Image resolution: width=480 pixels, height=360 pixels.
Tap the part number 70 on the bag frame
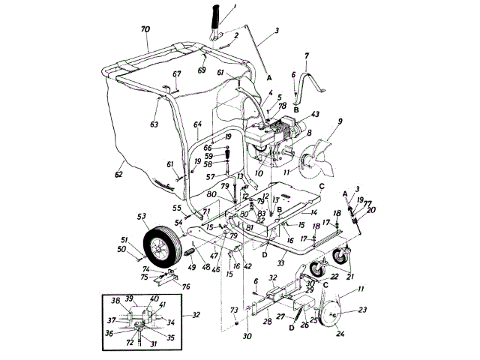pyautogui.click(x=145, y=30)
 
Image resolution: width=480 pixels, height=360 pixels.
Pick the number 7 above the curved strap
pyautogui.click(x=307, y=55)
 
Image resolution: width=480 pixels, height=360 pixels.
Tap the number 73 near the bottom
pyautogui.click(x=233, y=309)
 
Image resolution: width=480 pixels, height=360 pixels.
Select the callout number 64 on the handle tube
pyautogui.click(x=198, y=124)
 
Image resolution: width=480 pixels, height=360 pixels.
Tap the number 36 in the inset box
pyautogui.click(x=109, y=332)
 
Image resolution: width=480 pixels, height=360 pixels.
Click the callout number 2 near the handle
pyautogui.click(x=235, y=35)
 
